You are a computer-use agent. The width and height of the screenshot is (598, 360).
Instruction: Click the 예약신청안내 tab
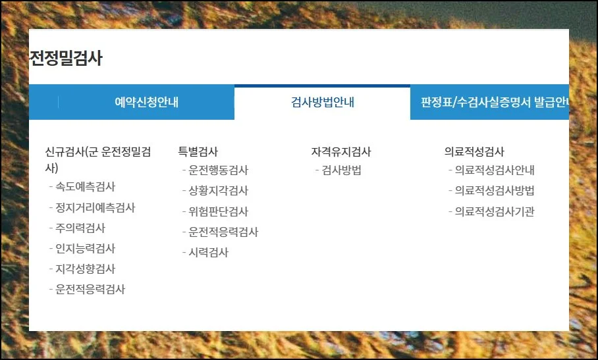[146, 103]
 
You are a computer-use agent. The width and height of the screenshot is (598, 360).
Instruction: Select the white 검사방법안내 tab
[323, 103]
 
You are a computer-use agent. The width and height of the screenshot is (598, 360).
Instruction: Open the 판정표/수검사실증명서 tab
[493, 103]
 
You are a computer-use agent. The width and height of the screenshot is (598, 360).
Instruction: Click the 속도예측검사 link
[86, 187]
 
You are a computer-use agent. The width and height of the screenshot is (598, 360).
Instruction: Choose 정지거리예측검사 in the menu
[95, 208]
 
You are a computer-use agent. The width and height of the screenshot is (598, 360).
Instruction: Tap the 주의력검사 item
[80, 228]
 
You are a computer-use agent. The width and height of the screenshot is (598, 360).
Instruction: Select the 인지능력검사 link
[86, 249]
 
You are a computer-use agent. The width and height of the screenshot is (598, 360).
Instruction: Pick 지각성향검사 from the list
[86, 269]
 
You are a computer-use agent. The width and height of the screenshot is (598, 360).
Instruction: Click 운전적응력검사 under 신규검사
[91, 290]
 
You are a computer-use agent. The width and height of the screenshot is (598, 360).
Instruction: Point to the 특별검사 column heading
[198, 152]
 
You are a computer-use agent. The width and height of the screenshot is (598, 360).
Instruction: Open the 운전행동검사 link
[219, 170]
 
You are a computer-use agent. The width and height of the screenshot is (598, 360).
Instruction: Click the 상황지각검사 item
[219, 191]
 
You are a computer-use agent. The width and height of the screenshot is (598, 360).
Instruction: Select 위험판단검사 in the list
[219, 212]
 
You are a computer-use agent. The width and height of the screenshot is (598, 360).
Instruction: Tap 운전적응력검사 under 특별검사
[224, 232]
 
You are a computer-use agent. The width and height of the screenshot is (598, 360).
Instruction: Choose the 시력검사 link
[209, 253]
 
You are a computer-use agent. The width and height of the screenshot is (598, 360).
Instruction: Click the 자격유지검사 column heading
[341, 152]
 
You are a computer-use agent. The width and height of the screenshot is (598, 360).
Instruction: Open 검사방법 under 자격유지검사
[342, 170]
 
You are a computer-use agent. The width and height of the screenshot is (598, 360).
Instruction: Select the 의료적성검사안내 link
[495, 170]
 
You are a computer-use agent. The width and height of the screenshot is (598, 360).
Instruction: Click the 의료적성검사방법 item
[495, 191]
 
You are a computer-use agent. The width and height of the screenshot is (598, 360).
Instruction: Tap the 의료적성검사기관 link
[495, 212]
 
